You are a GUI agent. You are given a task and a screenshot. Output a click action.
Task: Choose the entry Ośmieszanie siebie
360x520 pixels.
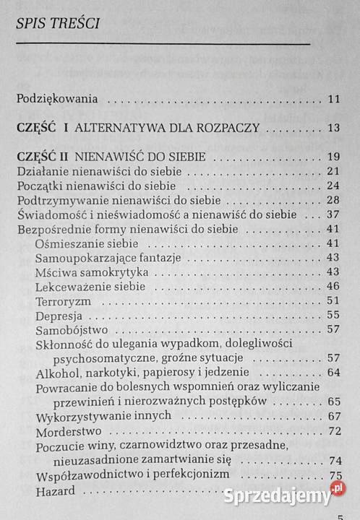tap(86, 243)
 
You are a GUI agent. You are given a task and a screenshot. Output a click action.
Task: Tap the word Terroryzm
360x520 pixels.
tap(64, 300)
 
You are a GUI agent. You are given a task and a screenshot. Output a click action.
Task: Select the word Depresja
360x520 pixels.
tap(59, 315)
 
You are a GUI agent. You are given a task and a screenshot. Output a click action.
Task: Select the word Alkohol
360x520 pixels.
tap(58, 373)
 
